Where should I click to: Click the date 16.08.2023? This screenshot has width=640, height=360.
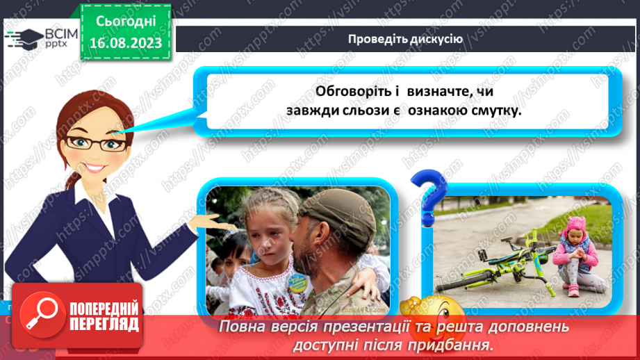(124, 42)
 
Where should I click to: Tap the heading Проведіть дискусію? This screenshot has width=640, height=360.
(405, 39)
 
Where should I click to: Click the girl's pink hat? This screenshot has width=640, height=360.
(577, 224)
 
